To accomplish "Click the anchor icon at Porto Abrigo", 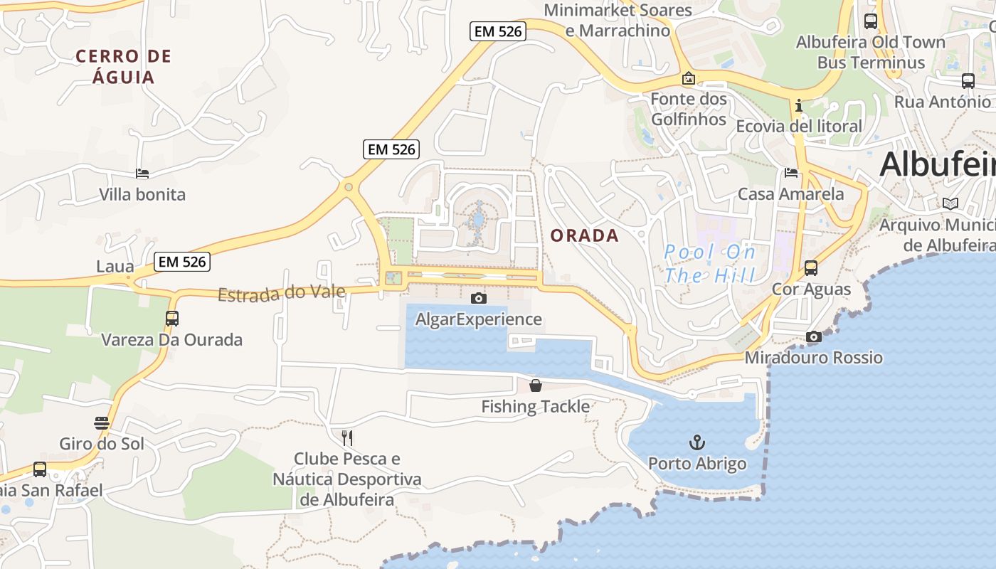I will tap(697, 443).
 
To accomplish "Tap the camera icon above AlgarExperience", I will tap(479, 298).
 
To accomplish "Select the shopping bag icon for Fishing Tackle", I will tap(536, 385).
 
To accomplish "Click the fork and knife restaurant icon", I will tap(347, 437).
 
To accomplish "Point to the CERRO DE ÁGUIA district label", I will tap(124, 66).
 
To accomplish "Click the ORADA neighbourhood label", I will tap(584, 235).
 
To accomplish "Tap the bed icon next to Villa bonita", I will tap(142, 174).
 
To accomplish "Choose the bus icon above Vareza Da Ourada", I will tap(172, 319).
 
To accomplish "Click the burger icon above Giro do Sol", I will tap(102, 423).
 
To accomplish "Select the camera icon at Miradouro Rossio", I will tap(814, 337).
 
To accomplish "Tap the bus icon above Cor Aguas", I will tap(811, 268).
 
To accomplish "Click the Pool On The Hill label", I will tap(709, 264).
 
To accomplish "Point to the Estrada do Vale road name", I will tap(282, 292).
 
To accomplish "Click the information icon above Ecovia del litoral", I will tap(799, 106).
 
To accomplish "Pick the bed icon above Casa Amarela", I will tap(791, 173).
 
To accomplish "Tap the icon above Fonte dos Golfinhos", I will tap(688, 78).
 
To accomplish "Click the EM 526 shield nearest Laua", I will tap(182, 262).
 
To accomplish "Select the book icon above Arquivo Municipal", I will tap(950, 204).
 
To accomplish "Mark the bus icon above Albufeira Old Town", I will tap(871, 21).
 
